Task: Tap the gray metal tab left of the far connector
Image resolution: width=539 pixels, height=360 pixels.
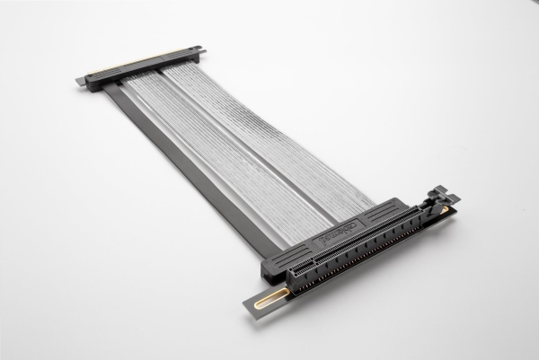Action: point(83,83)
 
